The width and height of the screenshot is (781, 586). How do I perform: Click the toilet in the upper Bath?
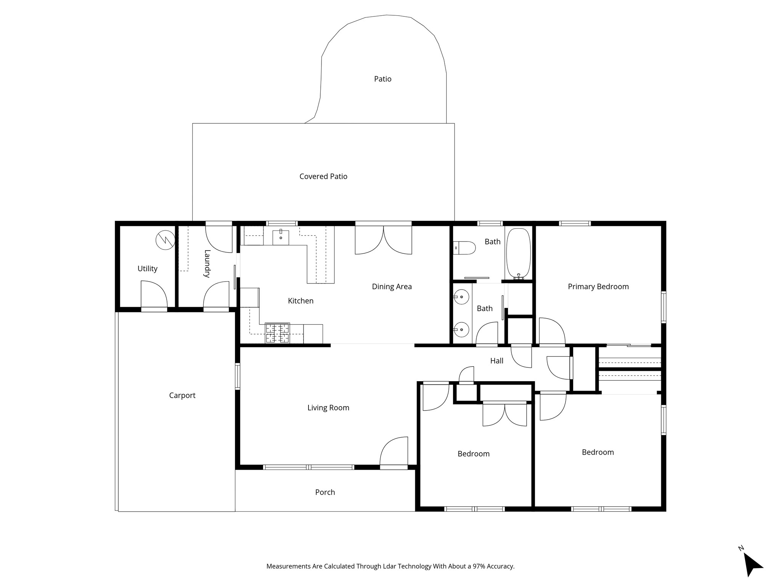coord(465,248)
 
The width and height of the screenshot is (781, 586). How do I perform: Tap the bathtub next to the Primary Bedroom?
coord(518,254)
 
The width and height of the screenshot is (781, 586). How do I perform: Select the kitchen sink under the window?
coord(281,237)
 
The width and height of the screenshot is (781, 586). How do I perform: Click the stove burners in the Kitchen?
coord(278,333)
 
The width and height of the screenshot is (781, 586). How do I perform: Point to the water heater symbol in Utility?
coord(166,240)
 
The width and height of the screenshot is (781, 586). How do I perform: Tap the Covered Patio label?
coord(323,176)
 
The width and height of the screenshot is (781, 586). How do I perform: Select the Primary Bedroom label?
coord(598,287)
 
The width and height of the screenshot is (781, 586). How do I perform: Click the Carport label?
coord(182,396)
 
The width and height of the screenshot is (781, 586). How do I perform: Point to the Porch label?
coord(325,492)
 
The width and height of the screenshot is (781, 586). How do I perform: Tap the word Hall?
coord(497,361)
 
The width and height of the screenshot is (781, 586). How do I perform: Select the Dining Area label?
coord(392,287)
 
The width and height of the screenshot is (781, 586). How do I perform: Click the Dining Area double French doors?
coord(383,240)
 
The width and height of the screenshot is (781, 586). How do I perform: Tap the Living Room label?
coord(328,408)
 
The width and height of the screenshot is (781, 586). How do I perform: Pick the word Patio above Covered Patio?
coord(383,79)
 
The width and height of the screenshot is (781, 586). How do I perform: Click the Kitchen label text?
coord(301,301)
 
